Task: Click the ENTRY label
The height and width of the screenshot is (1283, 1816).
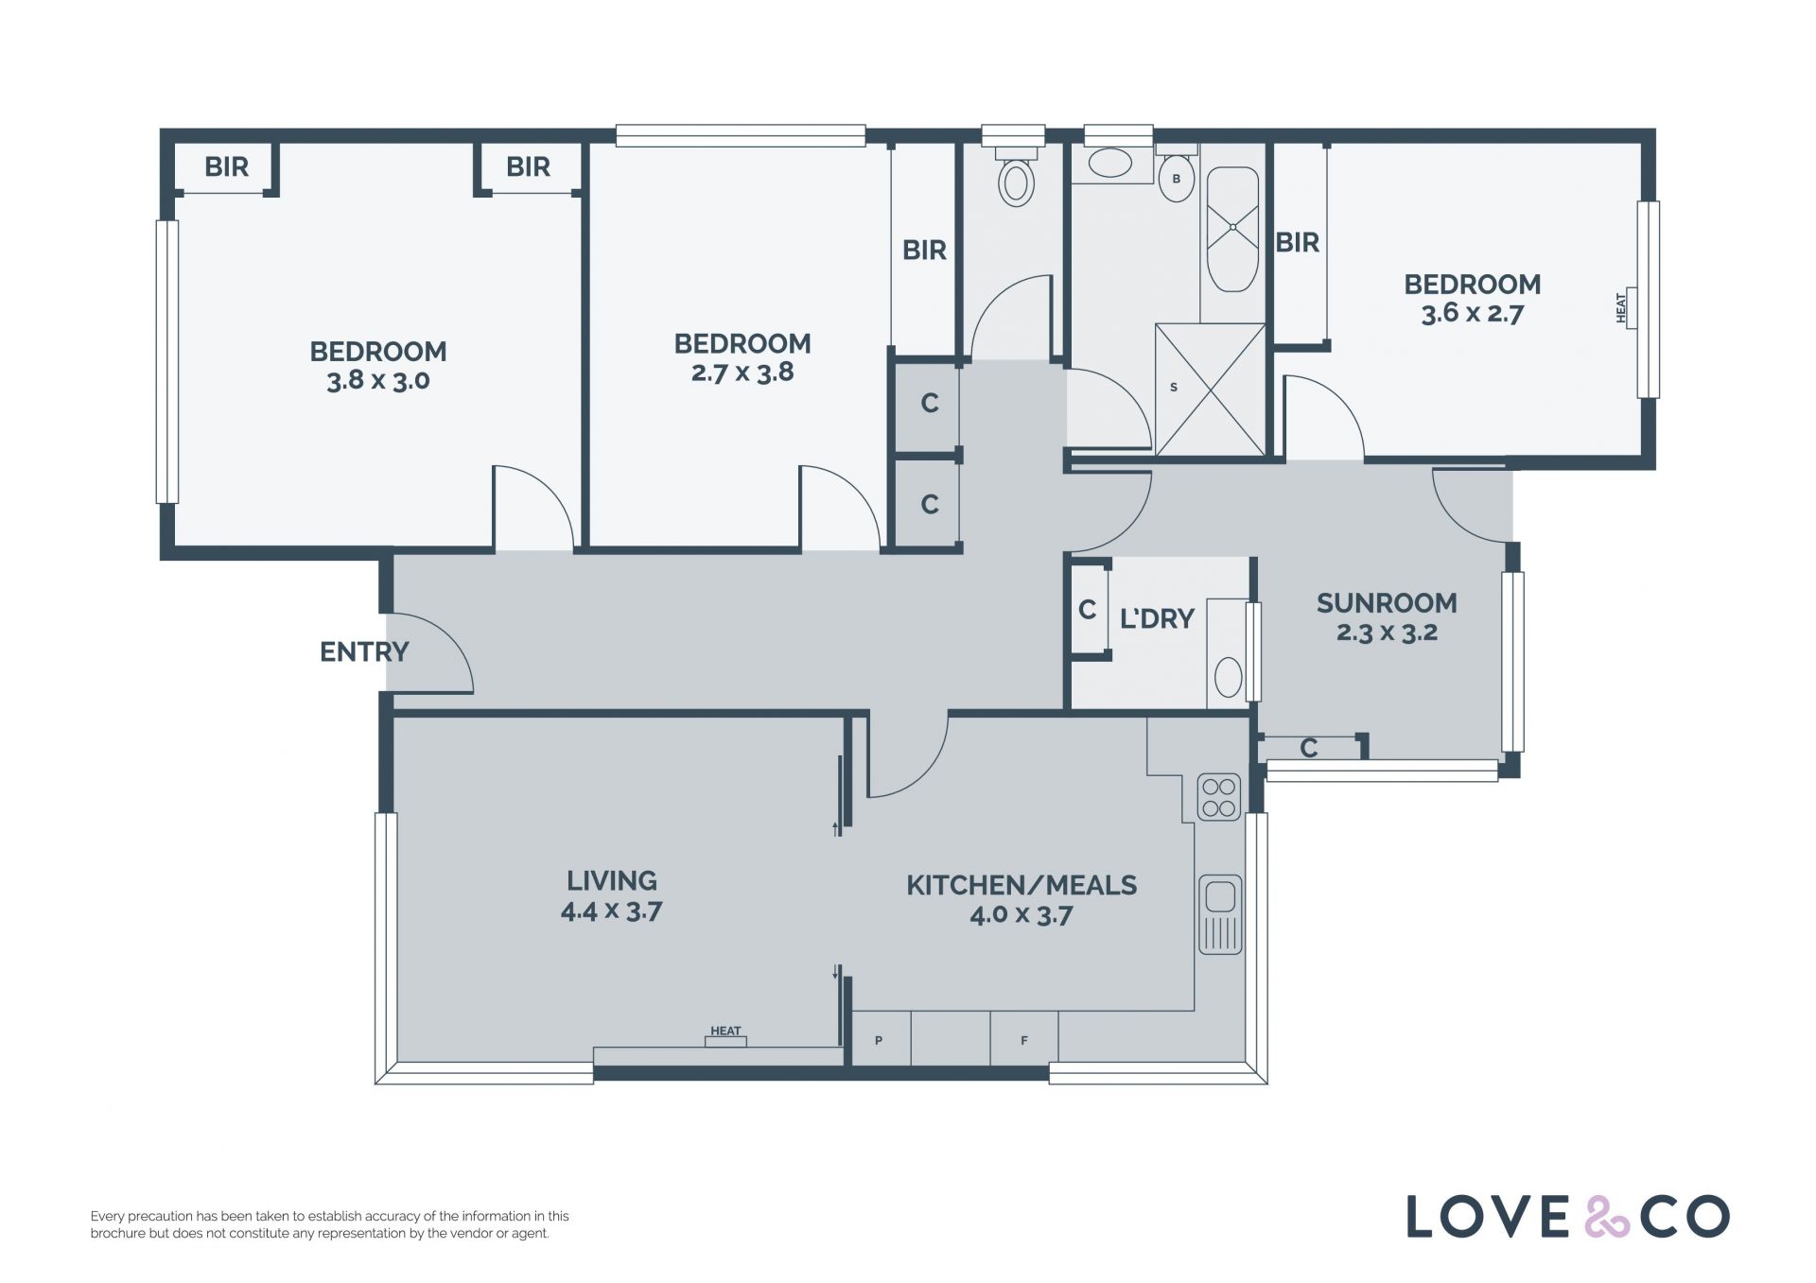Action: click(364, 651)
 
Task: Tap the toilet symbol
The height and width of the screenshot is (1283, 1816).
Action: click(1017, 175)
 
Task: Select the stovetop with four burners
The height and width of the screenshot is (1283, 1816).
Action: click(1219, 797)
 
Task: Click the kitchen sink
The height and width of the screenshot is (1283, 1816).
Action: click(1220, 914)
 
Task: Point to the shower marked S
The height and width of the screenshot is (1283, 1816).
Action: click(1211, 390)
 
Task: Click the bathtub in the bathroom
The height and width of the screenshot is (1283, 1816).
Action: click(1232, 231)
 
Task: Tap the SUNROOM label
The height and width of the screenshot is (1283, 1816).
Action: click(1387, 603)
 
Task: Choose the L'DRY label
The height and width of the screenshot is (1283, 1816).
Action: click(1157, 618)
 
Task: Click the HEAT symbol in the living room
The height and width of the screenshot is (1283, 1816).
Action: click(726, 1037)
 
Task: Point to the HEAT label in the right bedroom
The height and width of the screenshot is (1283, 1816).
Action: click(1621, 308)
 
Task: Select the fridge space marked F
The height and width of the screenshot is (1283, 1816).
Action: click(1024, 1040)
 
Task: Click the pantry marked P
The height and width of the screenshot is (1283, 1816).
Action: click(880, 1040)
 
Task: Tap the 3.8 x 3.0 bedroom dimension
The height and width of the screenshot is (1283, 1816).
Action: click(378, 381)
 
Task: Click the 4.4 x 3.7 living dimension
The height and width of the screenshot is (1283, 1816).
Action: click(611, 911)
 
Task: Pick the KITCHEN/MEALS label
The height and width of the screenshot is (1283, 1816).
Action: click(1021, 885)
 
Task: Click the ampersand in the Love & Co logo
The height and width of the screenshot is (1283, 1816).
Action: click(1605, 1217)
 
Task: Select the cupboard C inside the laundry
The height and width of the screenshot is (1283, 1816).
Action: click(1088, 609)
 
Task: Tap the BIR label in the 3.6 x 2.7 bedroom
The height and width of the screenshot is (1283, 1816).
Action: click(1297, 243)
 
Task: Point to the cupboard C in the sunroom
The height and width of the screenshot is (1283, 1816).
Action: click(1309, 748)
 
